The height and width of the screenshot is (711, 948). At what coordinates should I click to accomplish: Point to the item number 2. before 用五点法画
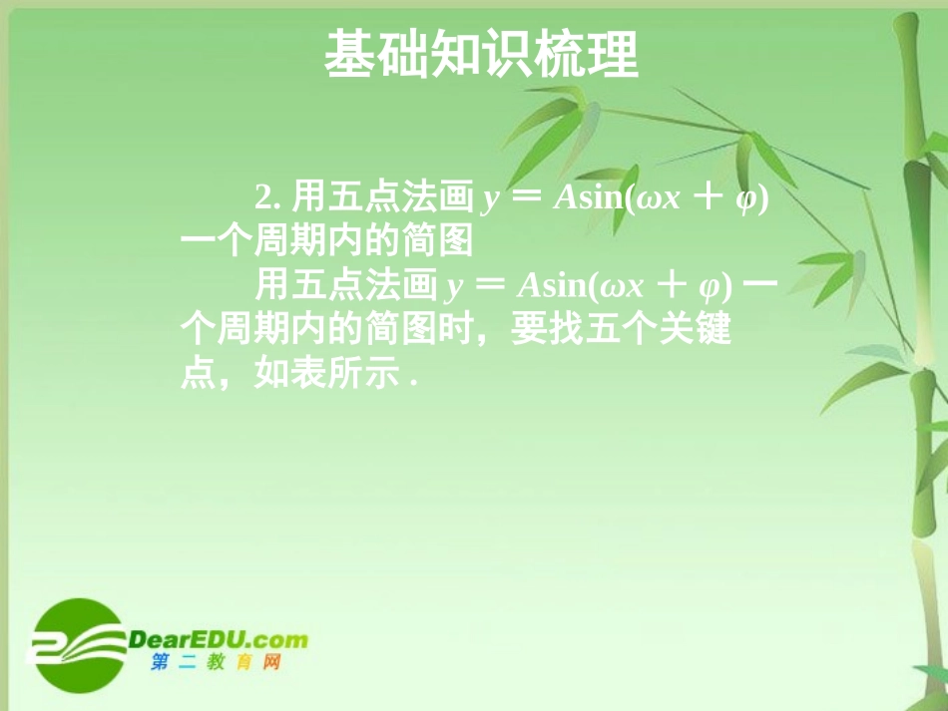click(x=266, y=197)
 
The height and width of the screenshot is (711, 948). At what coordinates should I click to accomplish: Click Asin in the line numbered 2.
click(x=590, y=198)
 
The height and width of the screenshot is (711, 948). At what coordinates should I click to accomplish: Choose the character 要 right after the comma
click(x=529, y=328)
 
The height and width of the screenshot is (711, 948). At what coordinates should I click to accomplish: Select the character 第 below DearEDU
click(x=161, y=663)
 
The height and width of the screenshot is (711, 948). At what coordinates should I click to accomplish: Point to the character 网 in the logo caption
click(x=270, y=663)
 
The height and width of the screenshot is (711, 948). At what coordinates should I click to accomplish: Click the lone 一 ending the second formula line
click(x=761, y=286)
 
